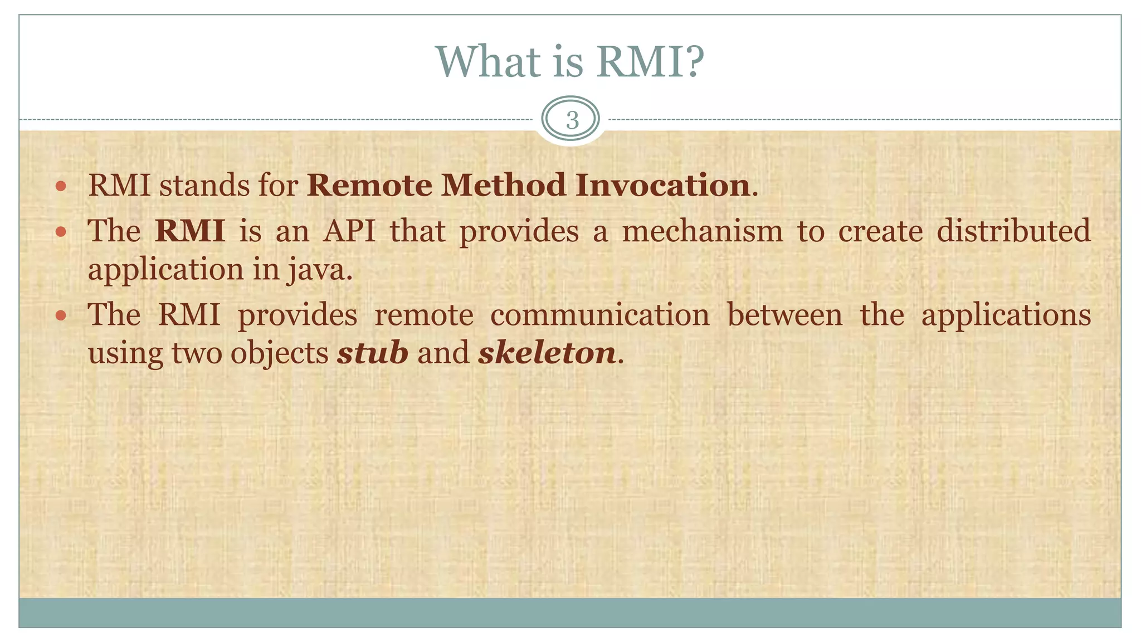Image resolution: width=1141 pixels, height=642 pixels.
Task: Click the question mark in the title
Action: [x=693, y=61]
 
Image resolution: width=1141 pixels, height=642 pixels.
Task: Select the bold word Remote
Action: [x=369, y=186]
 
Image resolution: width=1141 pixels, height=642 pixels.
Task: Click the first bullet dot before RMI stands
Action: [x=61, y=186]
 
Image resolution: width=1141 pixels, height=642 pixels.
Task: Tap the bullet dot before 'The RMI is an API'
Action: [x=61, y=231]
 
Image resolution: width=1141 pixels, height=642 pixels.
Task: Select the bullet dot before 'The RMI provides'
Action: [x=61, y=315]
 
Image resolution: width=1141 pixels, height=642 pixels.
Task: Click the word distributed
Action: [x=1013, y=231]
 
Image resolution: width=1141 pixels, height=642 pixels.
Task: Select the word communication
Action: [x=599, y=315]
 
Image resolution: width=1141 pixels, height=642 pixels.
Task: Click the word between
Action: [x=784, y=315]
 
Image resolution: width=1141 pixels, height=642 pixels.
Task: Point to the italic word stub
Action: [x=372, y=353]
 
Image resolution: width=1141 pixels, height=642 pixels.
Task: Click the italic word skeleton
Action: [x=547, y=353]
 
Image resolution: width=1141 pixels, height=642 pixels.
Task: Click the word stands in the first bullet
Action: [x=204, y=186]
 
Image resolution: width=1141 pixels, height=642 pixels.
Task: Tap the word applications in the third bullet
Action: [x=1006, y=316]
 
